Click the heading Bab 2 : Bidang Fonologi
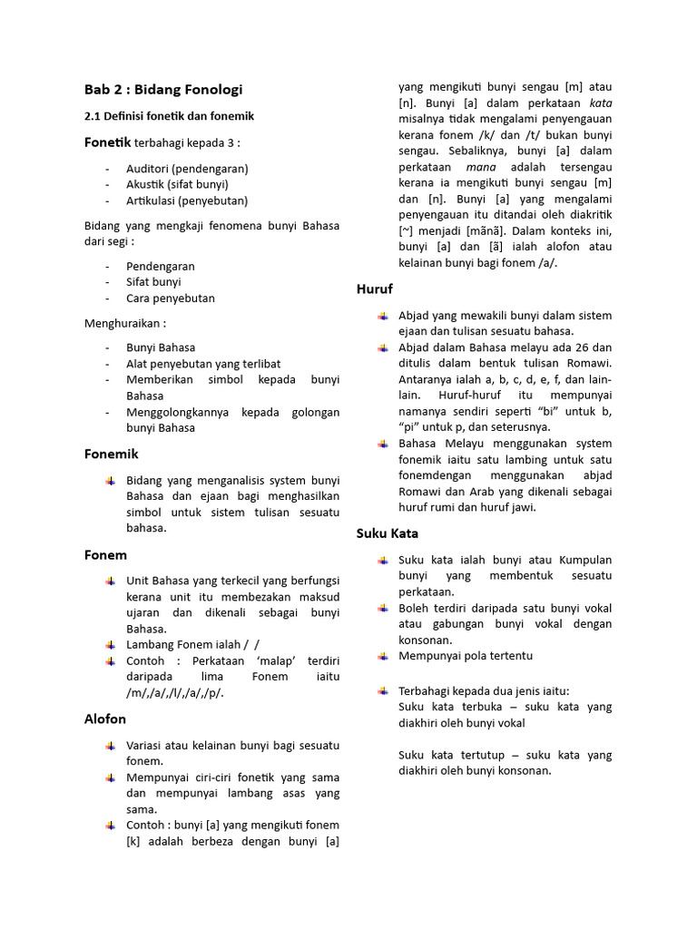click(x=163, y=89)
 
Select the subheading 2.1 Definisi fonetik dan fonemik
click(x=169, y=116)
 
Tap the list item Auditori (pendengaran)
click(x=187, y=169)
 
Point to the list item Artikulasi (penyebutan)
click(x=187, y=200)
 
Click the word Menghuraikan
click(x=125, y=323)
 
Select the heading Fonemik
click(x=112, y=454)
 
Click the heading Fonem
click(x=105, y=554)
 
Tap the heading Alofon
click(x=105, y=719)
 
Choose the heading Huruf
click(x=374, y=289)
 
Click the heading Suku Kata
click(x=388, y=533)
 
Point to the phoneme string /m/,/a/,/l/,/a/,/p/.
click(x=174, y=693)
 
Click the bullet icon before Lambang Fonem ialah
click(x=110, y=644)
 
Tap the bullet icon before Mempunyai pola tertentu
click(x=382, y=656)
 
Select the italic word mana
click(x=480, y=168)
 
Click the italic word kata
click(x=601, y=103)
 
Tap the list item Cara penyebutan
click(x=171, y=298)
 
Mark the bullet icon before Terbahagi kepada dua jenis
click(x=382, y=690)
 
